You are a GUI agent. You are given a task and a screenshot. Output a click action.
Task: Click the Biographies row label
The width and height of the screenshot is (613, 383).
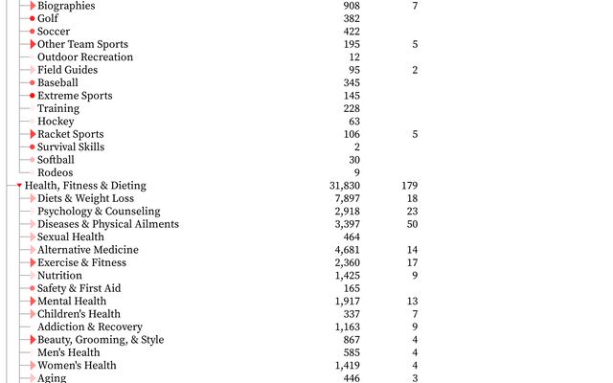66,6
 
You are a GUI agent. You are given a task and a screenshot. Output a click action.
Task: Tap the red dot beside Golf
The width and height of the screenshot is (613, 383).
33,18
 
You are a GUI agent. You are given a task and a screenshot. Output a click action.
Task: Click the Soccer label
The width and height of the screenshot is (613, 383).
54,32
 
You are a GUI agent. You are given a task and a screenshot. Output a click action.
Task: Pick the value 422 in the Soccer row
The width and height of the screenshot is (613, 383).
352,32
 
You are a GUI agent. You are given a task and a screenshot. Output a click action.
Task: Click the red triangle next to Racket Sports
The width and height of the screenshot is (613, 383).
33,134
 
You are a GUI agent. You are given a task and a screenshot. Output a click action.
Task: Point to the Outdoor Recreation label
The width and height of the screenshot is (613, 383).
85,57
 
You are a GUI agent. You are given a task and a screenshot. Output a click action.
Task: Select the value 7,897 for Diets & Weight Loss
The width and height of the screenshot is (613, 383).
347,198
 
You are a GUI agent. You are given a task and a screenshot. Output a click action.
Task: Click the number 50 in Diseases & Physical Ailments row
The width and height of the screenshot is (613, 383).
412,224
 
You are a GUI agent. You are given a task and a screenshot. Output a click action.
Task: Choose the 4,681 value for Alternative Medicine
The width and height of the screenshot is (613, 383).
347,250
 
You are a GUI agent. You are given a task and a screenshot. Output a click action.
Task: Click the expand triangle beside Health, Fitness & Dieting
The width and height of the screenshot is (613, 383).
19,186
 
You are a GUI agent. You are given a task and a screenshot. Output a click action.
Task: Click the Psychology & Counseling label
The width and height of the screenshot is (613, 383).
99,212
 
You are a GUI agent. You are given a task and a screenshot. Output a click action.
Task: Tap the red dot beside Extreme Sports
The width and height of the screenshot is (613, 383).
33,96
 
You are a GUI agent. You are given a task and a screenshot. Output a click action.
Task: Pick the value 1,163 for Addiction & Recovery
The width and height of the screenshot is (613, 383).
347,327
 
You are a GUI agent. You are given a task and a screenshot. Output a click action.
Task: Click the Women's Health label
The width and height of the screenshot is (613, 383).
77,365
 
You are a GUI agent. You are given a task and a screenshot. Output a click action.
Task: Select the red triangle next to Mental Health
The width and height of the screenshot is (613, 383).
33,301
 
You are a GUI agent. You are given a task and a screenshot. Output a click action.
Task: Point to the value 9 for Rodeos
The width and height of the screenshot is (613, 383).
357,172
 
